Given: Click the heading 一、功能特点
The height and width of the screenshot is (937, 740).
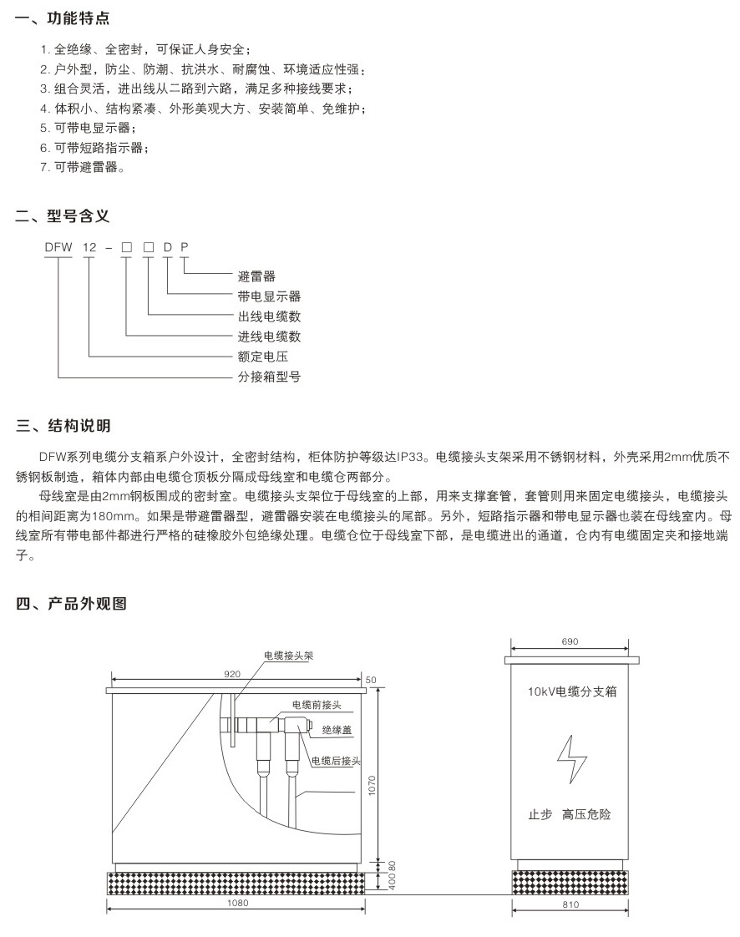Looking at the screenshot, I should click(63, 18).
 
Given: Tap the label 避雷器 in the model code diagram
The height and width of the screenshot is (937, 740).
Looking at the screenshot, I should click(256, 276).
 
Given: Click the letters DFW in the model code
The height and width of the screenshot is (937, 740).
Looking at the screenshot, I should click(58, 248).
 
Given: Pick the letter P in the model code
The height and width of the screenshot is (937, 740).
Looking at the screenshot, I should click(185, 248).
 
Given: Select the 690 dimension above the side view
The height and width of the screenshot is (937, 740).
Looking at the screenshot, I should click(570, 642).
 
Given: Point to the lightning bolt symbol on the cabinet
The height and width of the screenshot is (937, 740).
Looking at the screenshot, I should click(571, 758).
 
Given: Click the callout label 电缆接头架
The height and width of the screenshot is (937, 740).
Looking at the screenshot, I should click(288, 656).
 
